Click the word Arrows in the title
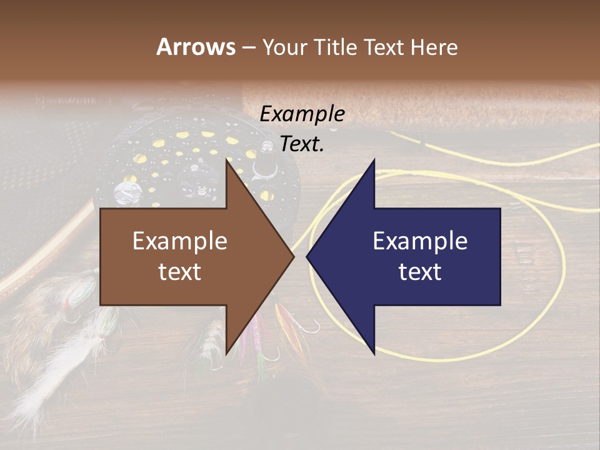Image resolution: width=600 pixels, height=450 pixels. pos(196,47)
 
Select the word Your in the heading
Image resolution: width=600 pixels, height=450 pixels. pos(284,47)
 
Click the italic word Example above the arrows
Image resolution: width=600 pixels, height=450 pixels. pos(302,114)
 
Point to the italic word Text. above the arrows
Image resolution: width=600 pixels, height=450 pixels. pos(302,144)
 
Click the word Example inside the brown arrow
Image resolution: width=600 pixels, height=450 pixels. pos(180,241)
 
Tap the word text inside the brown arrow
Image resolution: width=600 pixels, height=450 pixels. pos(180,272)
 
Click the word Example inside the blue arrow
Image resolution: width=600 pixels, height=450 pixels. pos(420,241)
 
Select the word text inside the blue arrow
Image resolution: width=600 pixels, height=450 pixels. pos(420,272)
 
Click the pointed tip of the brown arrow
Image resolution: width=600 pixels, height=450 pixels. pos(294,256)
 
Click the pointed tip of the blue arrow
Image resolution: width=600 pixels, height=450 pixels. pos(307,256)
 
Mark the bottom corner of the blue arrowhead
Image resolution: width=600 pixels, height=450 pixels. pos(374,354)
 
